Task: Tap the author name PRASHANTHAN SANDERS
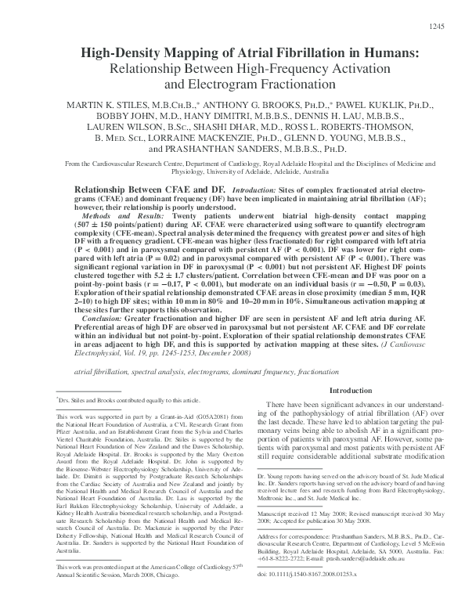click(x=213, y=147)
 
